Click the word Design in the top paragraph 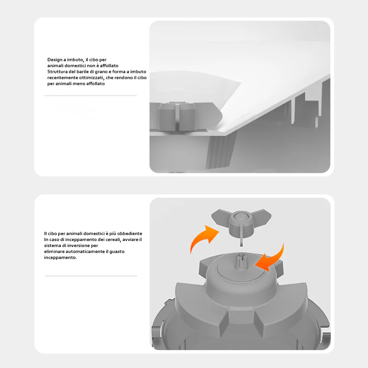(54, 60)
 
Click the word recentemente (60, 78)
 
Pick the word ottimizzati (90, 78)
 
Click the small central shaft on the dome (241, 262)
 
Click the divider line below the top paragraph (91, 96)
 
